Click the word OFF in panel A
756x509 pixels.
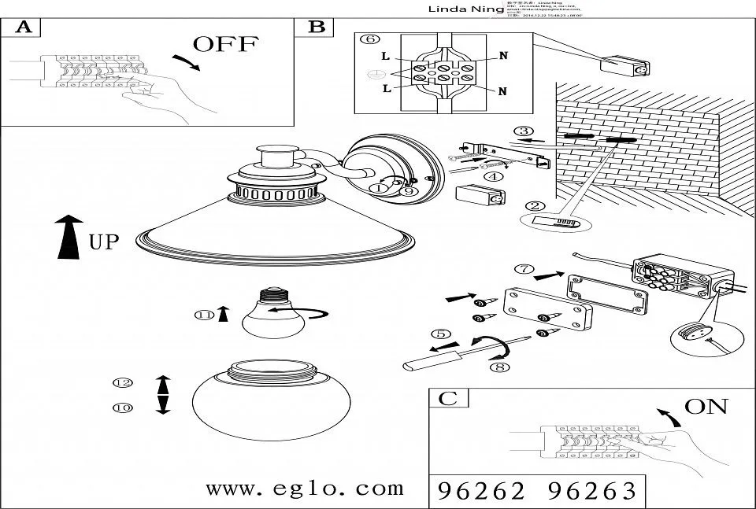click(x=225, y=44)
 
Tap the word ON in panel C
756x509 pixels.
click(x=706, y=407)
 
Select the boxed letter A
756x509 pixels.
click(x=24, y=28)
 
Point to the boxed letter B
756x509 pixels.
click(x=317, y=27)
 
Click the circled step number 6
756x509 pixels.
click(x=368, y=39)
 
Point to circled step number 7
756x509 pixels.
click(x=522, y=268)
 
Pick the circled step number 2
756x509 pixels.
click(x=535, y=207)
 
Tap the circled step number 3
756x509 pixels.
click(x=523, y=131)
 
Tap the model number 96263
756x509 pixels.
click(x=591, y=492)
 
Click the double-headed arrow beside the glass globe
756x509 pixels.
click(x=162, y=395)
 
